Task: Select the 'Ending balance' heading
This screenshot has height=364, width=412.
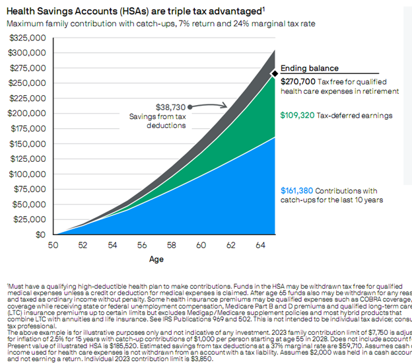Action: click(x=309, y=68)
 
